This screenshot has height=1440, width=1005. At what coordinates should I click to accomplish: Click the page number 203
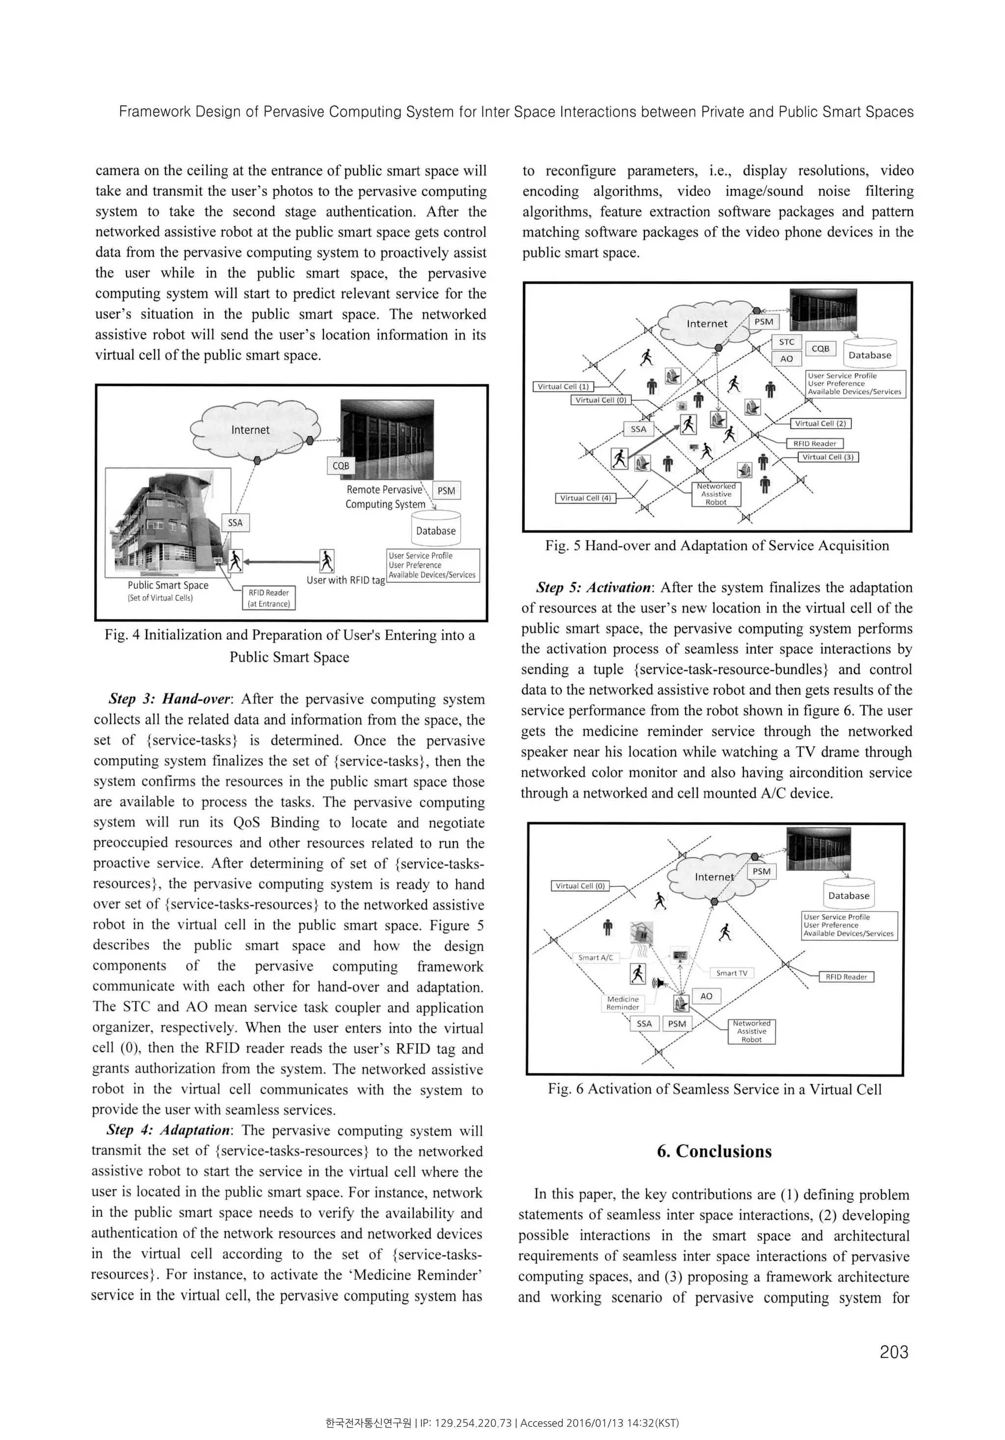(x=894, y=1352)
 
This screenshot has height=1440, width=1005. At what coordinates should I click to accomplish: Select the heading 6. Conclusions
(x=714, y=1151)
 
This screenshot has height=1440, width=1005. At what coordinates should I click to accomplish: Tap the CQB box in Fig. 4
(x=341, y=465)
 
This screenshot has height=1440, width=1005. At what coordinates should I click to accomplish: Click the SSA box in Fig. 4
(x=235, y=522)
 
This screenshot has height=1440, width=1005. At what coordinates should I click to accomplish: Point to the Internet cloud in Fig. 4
(x=251, y=429)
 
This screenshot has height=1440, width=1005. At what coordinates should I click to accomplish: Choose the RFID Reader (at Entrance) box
(x=268, y=598)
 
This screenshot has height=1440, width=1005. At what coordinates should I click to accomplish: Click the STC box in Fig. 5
(x=786, y=342)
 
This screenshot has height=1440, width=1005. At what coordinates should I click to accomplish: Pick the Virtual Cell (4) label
(x=585, y=498)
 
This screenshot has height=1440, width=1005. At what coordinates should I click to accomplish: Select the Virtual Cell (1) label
(x=562, y=386)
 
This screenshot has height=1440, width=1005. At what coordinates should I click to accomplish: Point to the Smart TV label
(x=732, y=973)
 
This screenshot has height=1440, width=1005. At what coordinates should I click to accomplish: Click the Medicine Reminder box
(x=623, y=1003)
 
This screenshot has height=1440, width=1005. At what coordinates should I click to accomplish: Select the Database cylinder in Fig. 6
(x=848, y=893)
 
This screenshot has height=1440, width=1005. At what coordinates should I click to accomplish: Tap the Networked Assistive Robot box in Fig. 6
(x=751, y=1031)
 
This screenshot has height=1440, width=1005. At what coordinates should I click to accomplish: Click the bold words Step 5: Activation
(x=593, y=587)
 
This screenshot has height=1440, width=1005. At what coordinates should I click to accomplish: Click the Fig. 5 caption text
(x=716, y=546)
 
